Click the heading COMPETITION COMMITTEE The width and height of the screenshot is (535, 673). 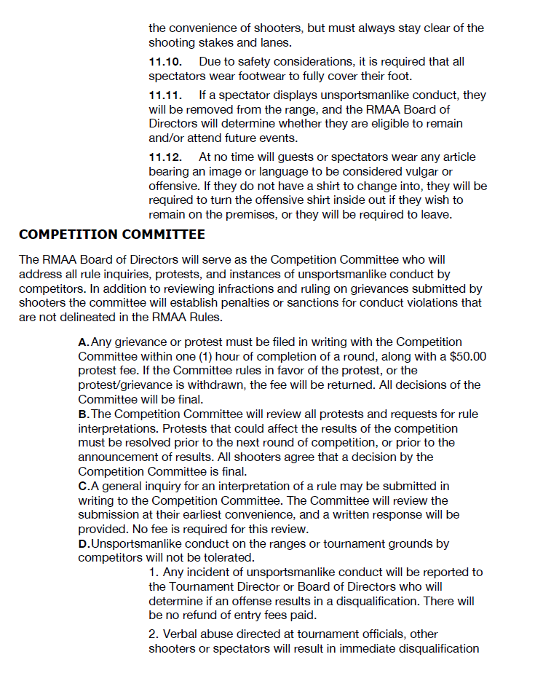coord(112,235)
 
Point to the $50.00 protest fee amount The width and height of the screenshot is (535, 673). coord(467,356)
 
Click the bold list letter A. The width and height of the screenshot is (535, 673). coord(83,342)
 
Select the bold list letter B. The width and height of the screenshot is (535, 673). coord(83,414)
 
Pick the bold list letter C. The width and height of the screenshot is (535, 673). coord(83,486)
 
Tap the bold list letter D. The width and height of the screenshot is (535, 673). coord(83,544)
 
